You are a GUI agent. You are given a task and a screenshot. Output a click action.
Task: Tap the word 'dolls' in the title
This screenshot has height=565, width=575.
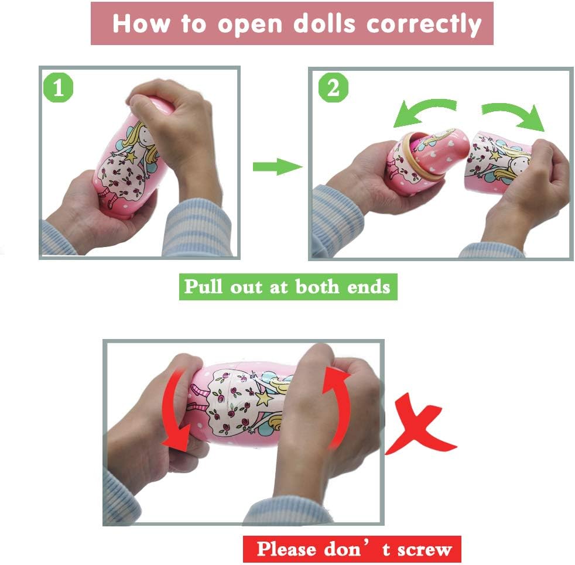point(324,23)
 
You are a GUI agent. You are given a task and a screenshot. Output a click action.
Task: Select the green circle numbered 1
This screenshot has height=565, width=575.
point(59,88)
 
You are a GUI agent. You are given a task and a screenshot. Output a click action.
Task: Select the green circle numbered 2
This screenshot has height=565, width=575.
point(333,87)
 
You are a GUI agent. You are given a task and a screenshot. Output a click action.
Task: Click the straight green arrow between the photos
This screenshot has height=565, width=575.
point(278,167)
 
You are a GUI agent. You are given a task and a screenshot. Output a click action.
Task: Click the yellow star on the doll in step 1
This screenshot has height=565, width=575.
point(131,156)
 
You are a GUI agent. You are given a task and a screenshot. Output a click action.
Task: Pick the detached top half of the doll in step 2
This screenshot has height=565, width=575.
point(498,162)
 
